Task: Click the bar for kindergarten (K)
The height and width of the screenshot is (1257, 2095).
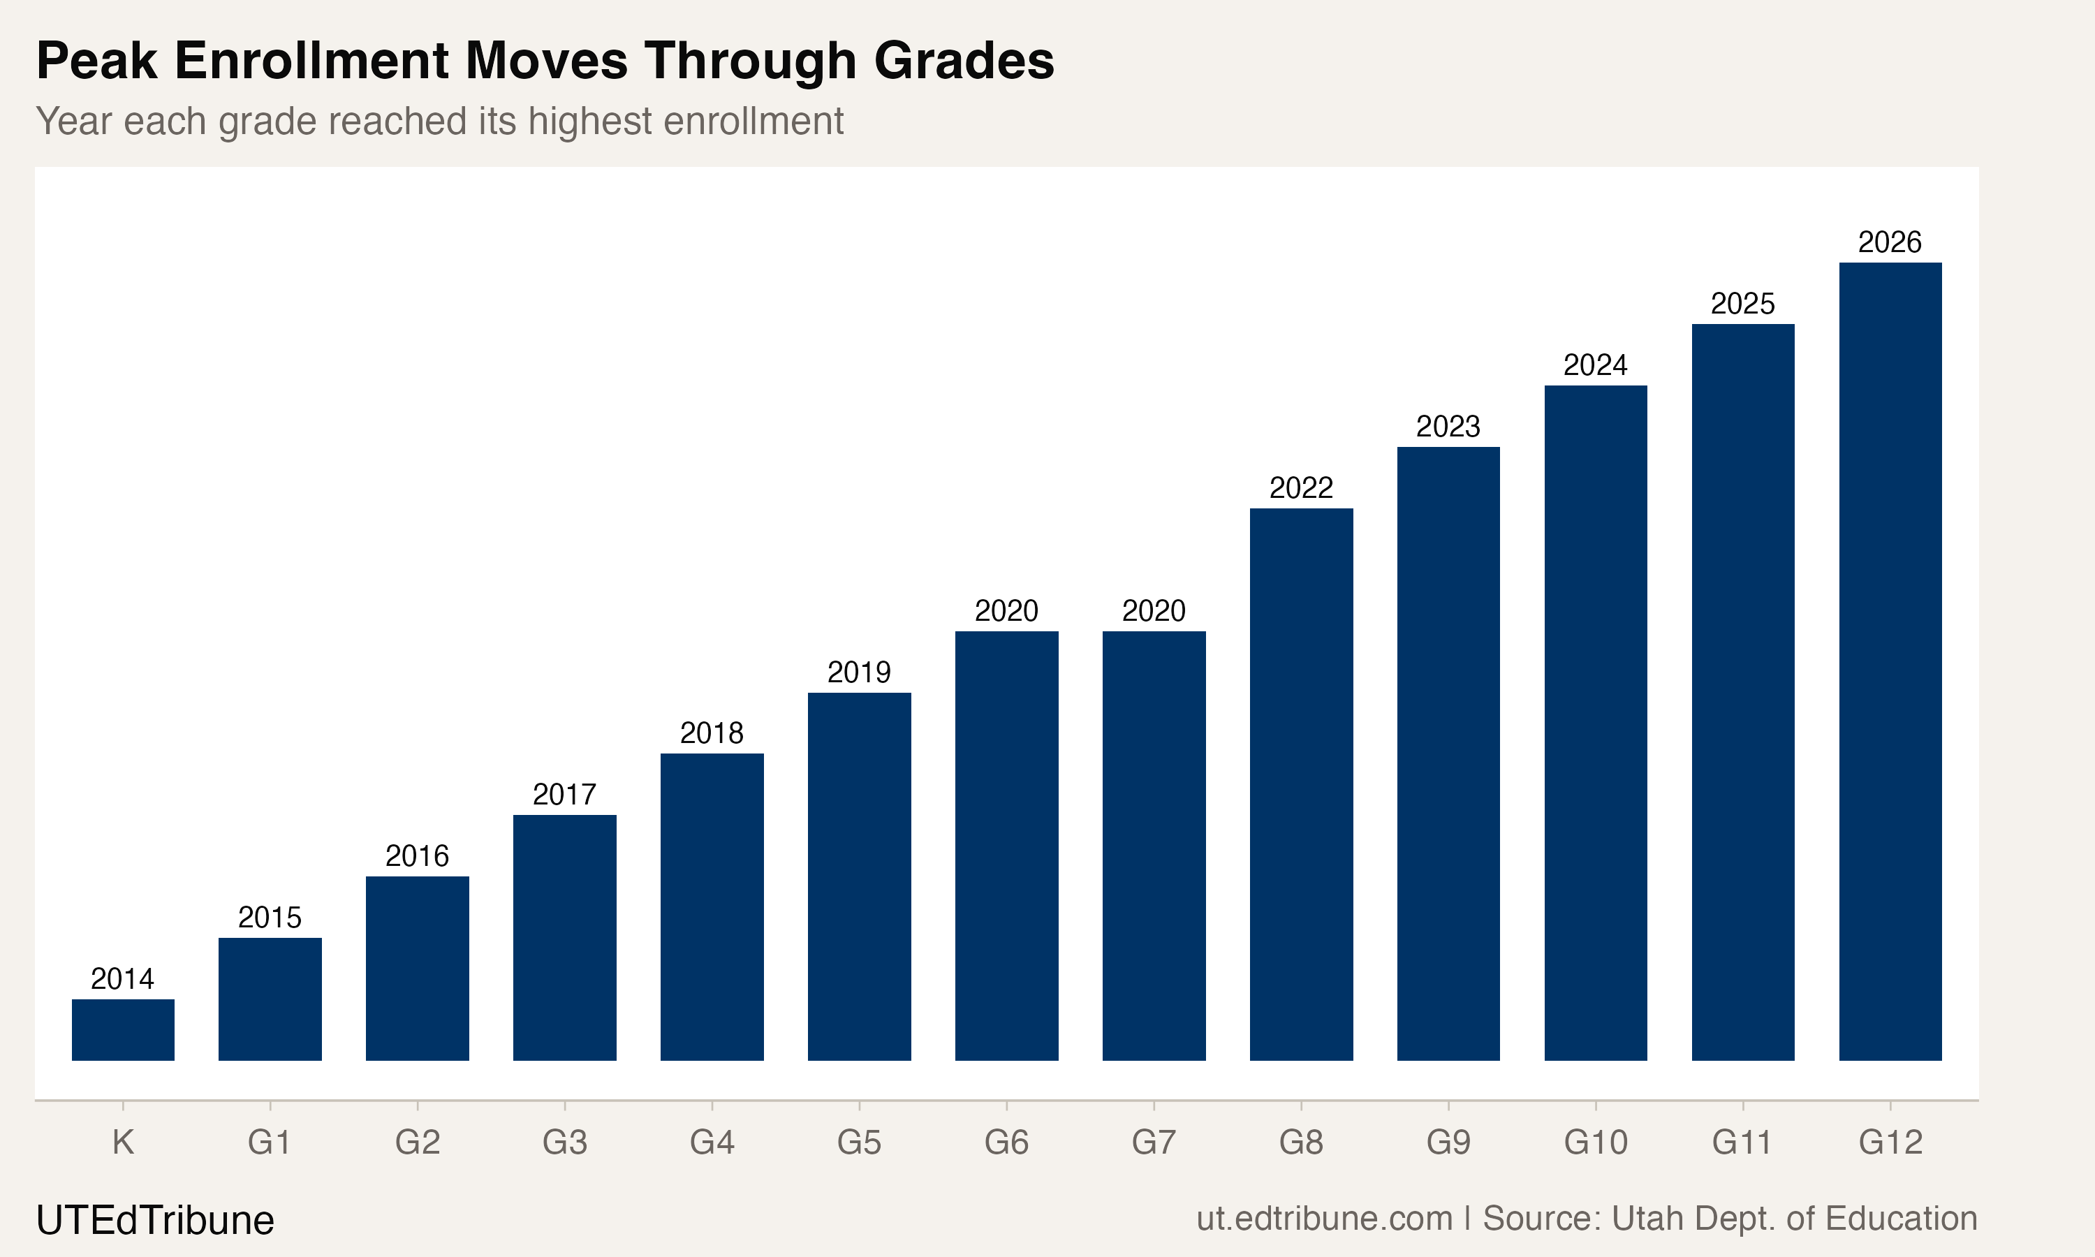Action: tap(123, 1029)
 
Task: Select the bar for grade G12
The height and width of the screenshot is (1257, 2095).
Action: tap(1890, 661)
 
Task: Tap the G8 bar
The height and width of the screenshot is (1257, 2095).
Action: tap(1301, 784)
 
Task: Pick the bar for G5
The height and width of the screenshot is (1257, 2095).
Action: tap(859, 876)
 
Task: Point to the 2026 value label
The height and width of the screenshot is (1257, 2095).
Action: tap(1890, 242)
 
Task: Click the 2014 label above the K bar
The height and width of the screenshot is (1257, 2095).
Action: tap(123, 979)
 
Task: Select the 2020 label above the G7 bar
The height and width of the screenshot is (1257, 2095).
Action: tap(1154, 611)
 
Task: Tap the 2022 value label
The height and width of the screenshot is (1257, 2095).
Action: tap(1301, 488)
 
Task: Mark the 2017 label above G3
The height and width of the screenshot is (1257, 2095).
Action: tap(564, 795)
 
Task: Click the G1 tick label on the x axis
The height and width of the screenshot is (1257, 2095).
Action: tap(270, 1142)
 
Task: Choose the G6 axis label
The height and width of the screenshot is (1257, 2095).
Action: tap(1006, 1142)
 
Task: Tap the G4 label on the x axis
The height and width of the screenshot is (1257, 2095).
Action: tap(712, 1142)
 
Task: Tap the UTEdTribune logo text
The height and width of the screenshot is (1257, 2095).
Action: tap(155, 1221)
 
